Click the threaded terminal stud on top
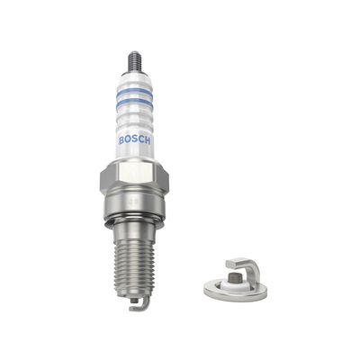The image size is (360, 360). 135,60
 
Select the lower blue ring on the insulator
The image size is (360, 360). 135,112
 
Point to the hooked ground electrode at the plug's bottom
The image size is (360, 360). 139,304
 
